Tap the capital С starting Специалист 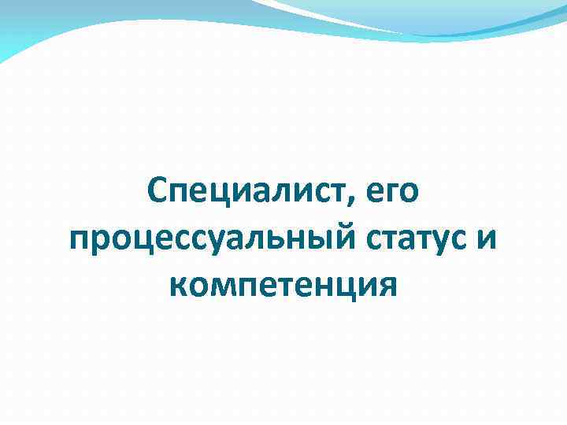(x=157, y=191)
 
